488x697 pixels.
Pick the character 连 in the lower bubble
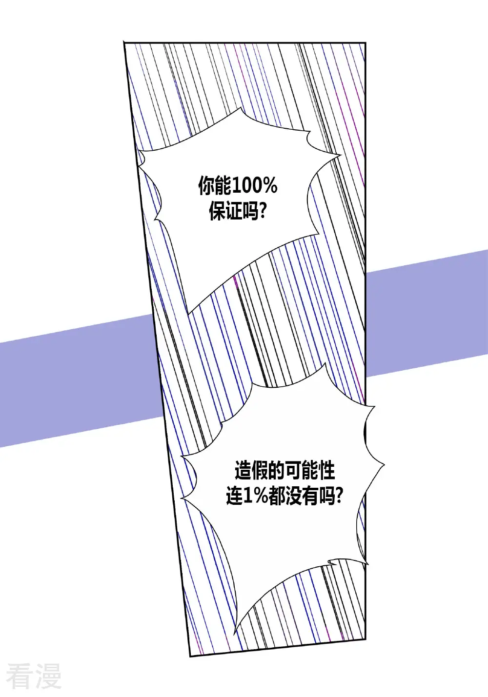pyautogui.click(x=234, y=496)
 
